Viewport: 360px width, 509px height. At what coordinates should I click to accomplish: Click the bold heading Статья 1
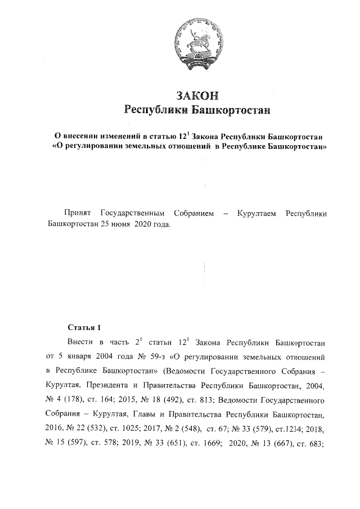84,327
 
